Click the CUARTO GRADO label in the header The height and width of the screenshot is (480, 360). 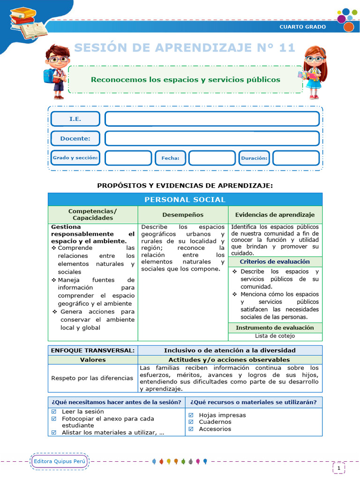point(302,27)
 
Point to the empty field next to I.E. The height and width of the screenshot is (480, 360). point(212,119)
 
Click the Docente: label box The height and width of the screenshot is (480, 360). point(75,139)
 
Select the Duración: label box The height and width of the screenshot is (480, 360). point(254,158)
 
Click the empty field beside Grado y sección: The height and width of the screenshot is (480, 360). point(128,158)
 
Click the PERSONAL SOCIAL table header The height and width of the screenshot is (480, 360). point(185,200)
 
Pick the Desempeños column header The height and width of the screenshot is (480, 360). point(183,215)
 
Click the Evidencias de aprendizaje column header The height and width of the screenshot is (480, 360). point(275,215)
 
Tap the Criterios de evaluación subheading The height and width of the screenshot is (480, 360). point(275,262)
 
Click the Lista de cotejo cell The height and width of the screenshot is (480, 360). point(275,336)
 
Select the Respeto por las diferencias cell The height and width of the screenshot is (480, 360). point(92,378)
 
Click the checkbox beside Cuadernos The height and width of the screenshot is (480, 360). point(191,422)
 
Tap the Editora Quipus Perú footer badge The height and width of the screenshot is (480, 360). point(60,461)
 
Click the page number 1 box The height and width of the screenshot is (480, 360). point(338,468)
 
